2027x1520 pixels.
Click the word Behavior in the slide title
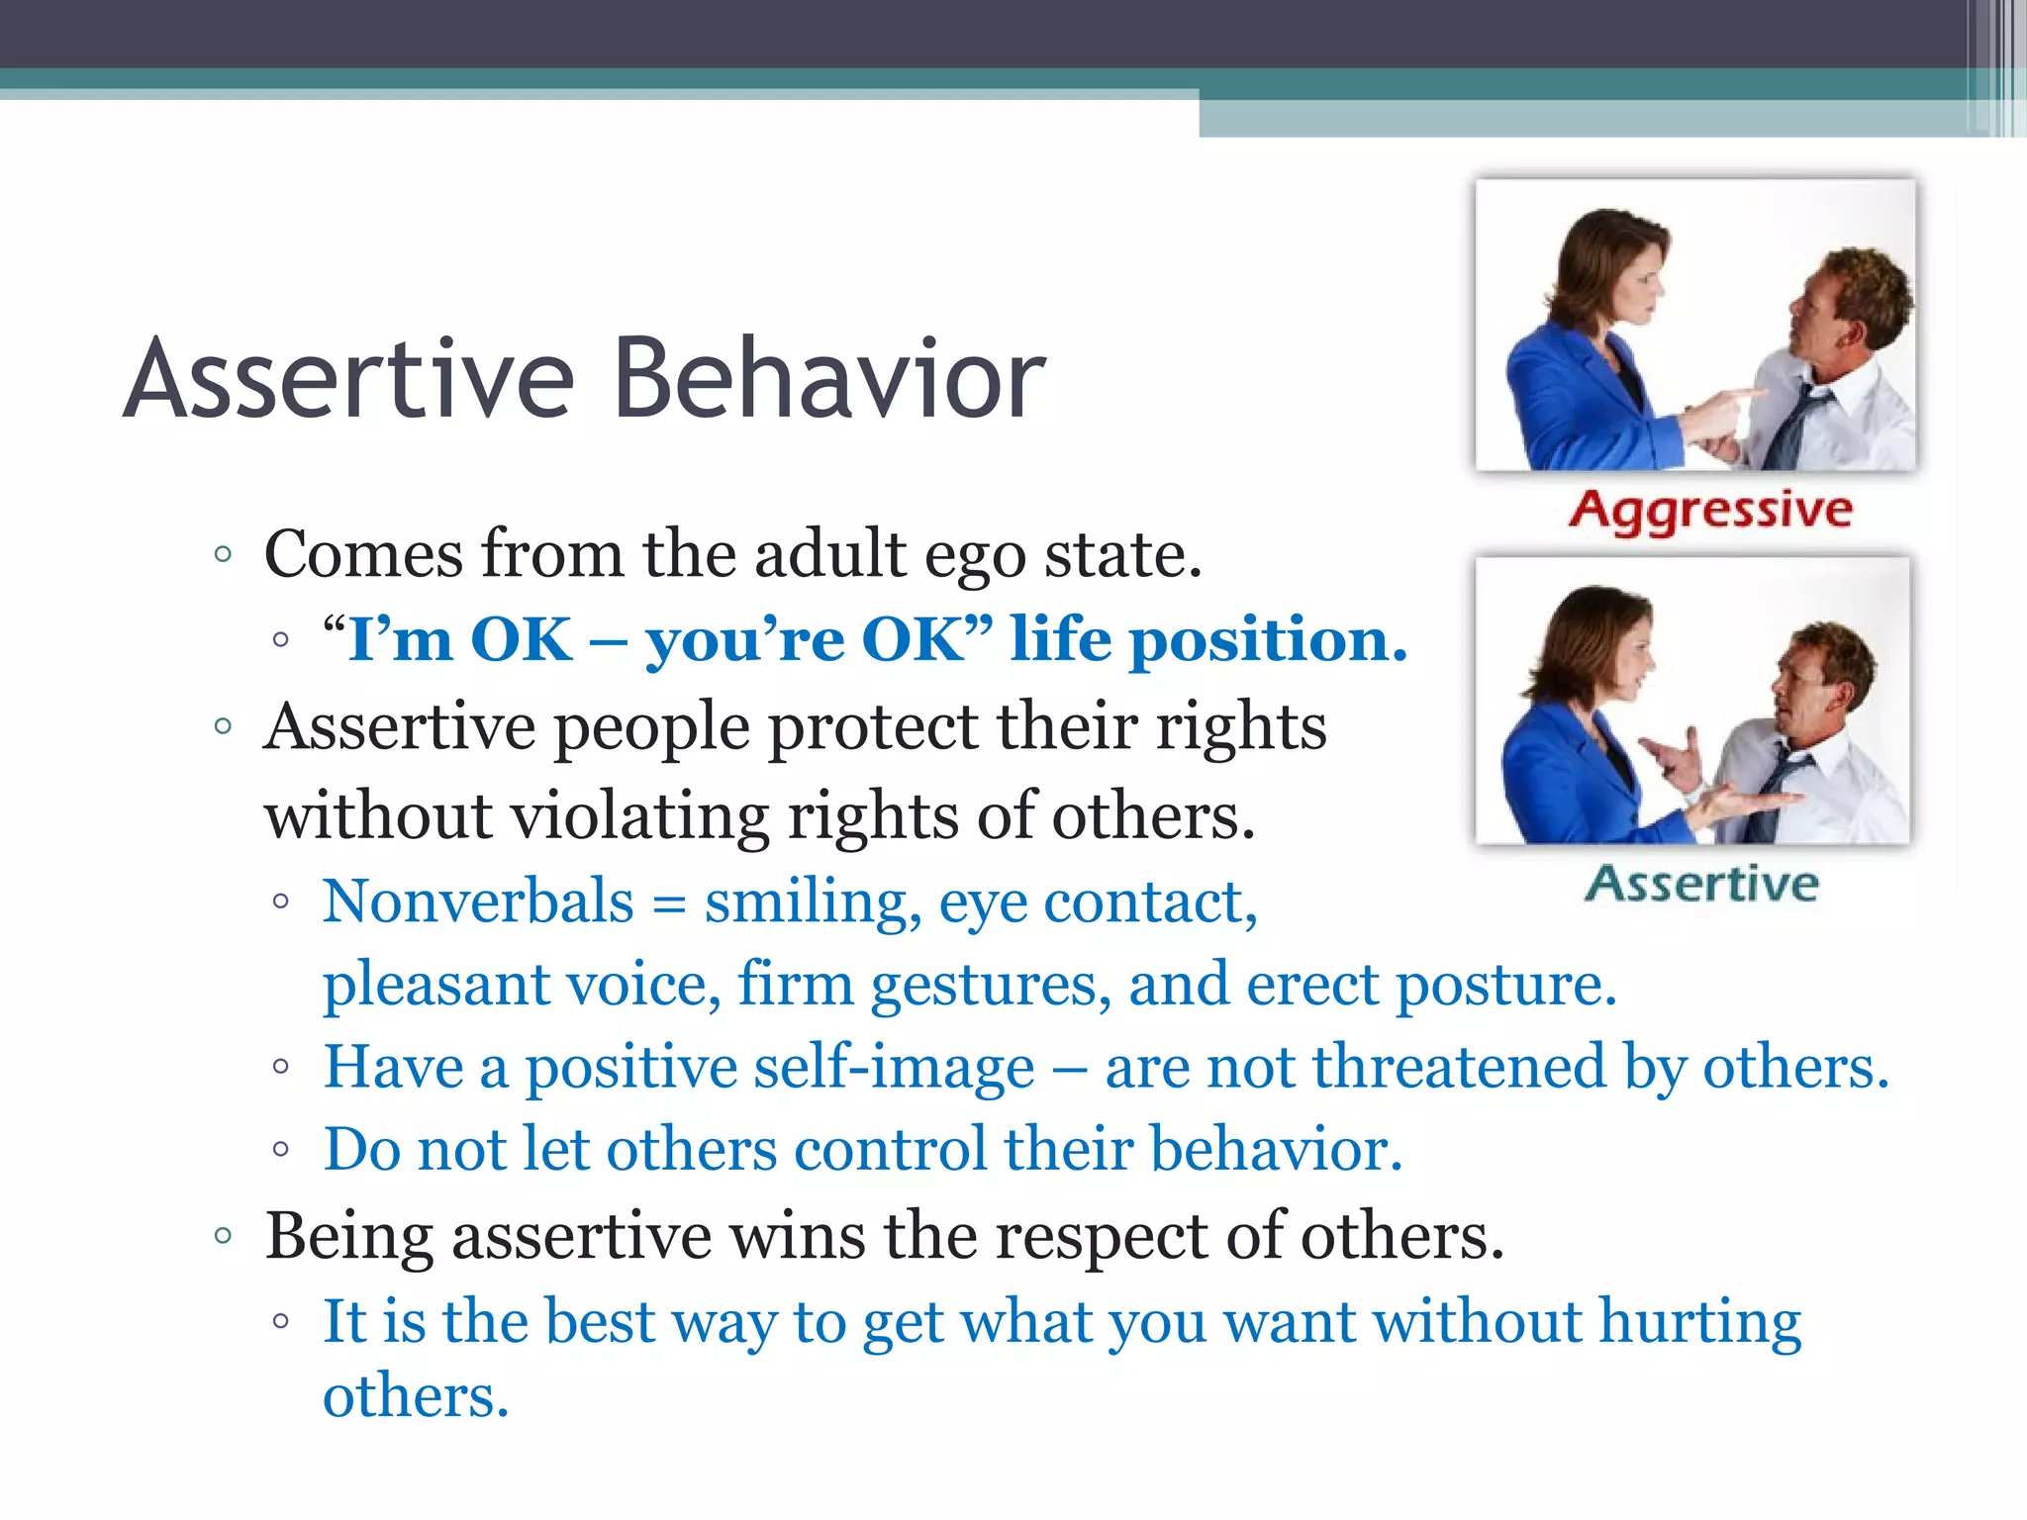click(829, 379)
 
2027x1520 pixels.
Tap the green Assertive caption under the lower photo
click(1701, 884)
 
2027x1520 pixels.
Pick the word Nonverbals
click(478, 902)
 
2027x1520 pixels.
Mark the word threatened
click(1459, 1068)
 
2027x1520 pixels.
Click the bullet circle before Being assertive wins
click(223, 1235)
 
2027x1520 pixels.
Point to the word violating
click(639, 816)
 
